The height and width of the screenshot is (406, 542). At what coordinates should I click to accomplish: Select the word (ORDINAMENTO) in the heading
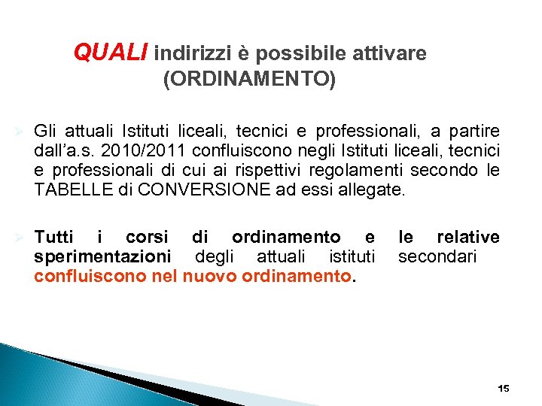click(x=250, y=79)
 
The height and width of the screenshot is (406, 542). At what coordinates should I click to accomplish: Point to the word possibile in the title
click(x=300, y=54)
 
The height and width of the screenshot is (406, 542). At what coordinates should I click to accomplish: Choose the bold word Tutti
click(x=54, y=238)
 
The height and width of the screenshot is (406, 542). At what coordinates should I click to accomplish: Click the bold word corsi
click(x=147, y=238)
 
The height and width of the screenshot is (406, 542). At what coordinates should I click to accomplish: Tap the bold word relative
click(x=468, y=238)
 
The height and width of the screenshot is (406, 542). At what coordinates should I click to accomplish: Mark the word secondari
click(x=437, y=256)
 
